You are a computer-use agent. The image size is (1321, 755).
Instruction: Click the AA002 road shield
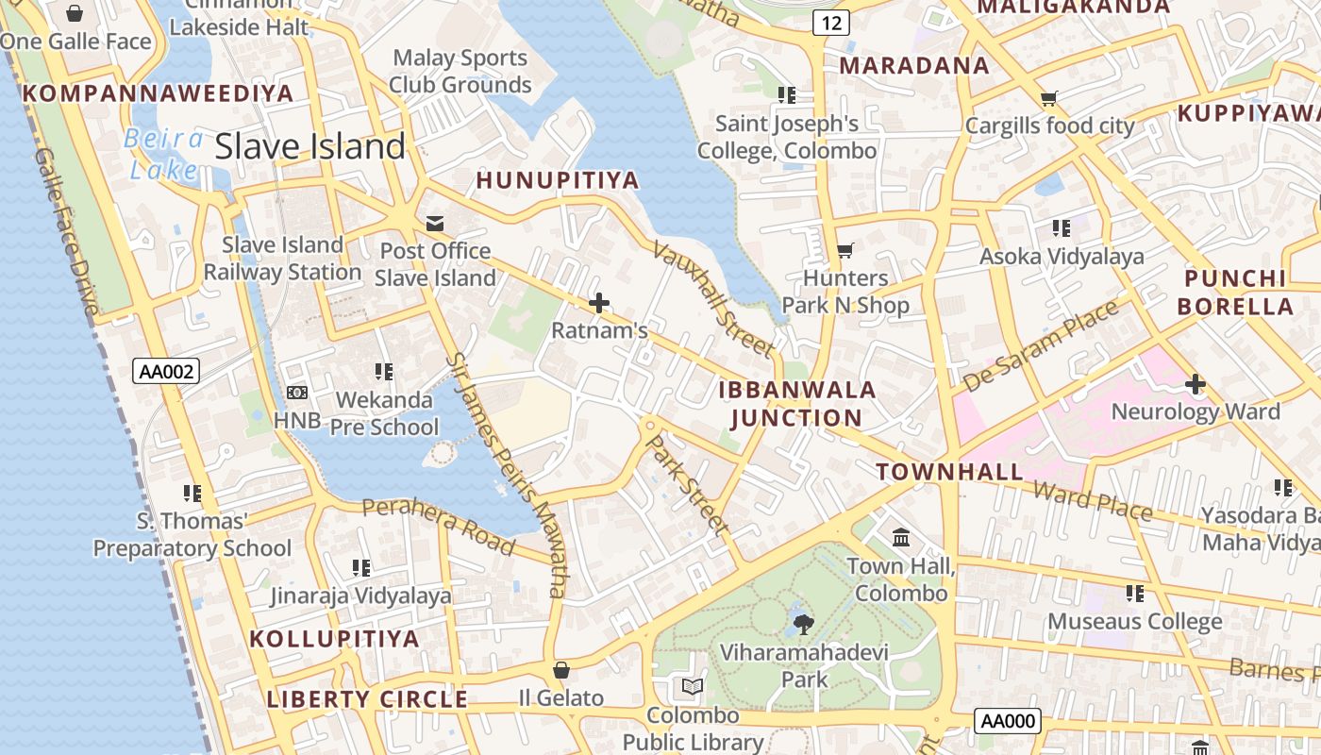pos(166,371)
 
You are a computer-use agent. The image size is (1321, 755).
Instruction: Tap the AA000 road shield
pos(1008,722)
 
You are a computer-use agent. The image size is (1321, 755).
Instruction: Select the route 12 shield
pos(830,22)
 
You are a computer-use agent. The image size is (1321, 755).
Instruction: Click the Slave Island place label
pos(310,146)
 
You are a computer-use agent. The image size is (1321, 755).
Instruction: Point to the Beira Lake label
pos(164,154)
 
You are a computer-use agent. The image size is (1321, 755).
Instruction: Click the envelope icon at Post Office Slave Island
pos(435,224)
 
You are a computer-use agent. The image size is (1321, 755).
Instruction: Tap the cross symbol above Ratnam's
pos(598,303)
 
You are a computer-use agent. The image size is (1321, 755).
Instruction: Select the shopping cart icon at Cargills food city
pos(1048,98)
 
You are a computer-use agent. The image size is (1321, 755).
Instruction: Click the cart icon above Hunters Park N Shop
pos(844,250)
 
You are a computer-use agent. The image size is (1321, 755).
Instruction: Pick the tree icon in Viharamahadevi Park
pos(804,623)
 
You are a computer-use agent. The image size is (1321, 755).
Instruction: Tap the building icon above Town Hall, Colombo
pos(901,537)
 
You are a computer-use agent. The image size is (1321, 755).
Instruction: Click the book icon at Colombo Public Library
pos(693,686)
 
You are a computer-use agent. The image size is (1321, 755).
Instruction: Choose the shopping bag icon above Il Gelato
pos(561,670)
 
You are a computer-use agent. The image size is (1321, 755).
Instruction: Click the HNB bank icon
pos(296,393)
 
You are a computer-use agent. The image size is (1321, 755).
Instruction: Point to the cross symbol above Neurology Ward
pos(1196,384)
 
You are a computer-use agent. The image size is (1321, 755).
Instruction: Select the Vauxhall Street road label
pos(713,297)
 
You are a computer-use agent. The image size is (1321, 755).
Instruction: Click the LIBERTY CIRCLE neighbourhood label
pos(367,699)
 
